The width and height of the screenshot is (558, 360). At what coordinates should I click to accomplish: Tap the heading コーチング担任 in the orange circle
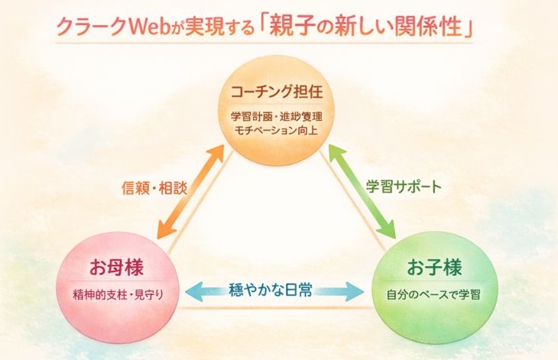pos(278,93)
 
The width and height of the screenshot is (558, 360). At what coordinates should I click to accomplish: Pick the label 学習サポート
pos(404,186)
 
